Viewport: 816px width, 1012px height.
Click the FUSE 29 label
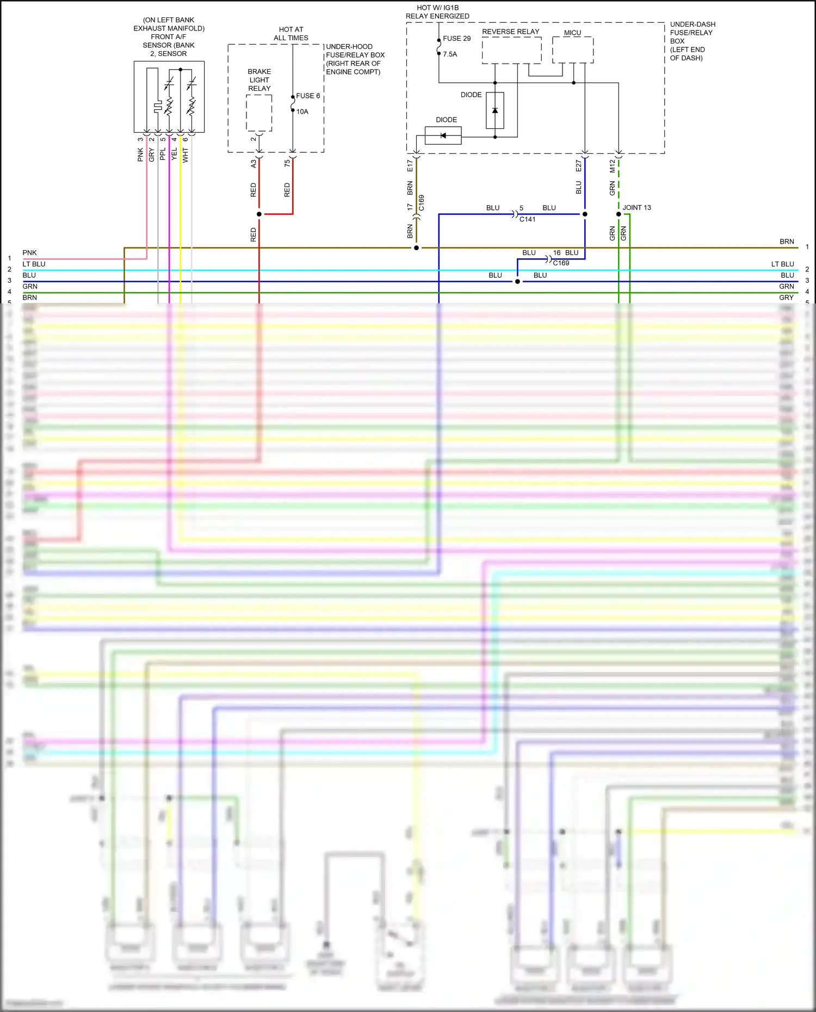coord(456,39)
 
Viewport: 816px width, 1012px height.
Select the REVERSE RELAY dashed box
coord(511,51)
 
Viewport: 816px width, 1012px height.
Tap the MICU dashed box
coord(572,50)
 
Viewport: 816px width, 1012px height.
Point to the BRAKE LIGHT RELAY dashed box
coord(259,113)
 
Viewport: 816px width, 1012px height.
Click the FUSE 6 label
coord(308,96)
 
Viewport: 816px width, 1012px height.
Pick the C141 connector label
coord(527,220)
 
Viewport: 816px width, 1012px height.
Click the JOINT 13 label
coord(636,208)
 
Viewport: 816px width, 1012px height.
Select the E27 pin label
coord(579,165)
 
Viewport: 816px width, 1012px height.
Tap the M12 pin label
coord(613,166)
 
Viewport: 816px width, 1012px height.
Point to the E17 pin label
coord(410,166)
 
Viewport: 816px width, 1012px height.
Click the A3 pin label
coord(254,164)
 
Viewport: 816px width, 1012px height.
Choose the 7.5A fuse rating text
coord(450,54)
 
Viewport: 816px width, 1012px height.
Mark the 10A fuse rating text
coord(302,112)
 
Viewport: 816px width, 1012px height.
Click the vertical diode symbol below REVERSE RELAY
coord(494,110)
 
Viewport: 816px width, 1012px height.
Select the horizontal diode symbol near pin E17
coord(443,135)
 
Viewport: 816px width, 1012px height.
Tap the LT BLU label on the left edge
coord(34,264)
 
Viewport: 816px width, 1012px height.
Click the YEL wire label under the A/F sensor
coord(174,154)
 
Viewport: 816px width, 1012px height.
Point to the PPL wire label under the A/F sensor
coord(163,154)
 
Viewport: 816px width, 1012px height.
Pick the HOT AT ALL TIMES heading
coord(291,34)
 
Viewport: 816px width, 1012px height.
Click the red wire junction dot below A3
coord(259,214)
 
